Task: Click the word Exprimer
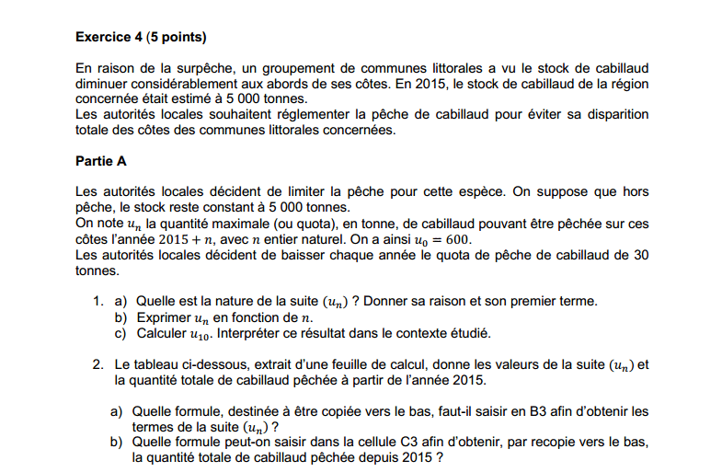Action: point(162,317)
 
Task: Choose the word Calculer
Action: point(161,333)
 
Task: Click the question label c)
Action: point(120,333)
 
